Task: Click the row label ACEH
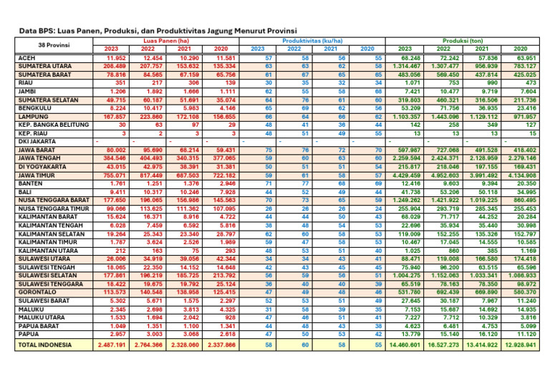(26, 57)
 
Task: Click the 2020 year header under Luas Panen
(219, 49)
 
